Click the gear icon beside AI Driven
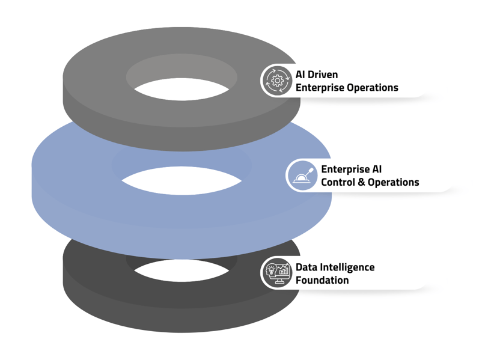(276, 81)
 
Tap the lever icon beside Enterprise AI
(302, 175)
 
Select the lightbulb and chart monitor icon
(277, 273)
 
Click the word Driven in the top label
(324, 75)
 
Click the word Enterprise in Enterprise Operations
(320, 88)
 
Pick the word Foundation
(322, 280)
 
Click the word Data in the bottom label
(306, 267)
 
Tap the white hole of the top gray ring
(181, 90)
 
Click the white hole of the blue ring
(181, 182)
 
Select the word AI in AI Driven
(301, 75)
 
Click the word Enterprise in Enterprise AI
(345, 169)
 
